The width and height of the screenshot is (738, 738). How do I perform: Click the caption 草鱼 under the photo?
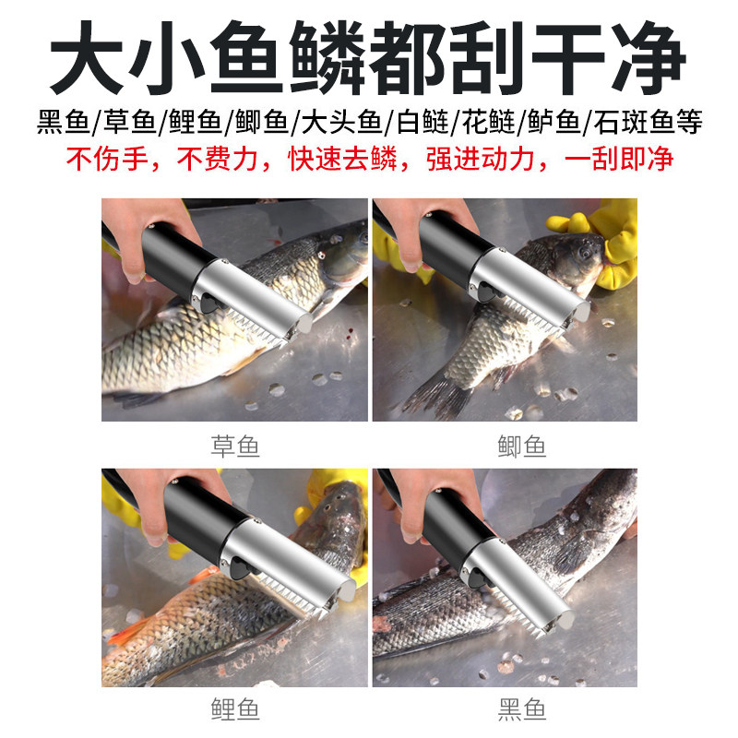pos(235,447)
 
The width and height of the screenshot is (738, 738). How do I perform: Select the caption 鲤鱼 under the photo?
pos(235,709)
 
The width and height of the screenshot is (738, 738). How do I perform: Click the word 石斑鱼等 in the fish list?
pos(658,123)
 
